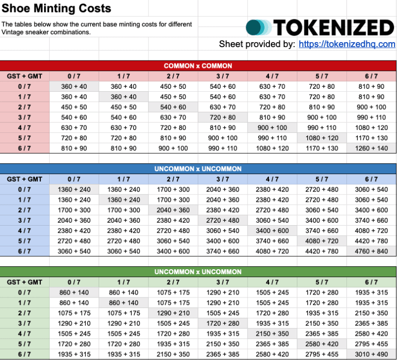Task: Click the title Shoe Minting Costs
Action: click(x=57, y=8)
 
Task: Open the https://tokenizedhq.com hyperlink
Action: click(x=347, y=44)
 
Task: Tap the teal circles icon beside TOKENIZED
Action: click(x=259, y=27)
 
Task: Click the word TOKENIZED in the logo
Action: click(x=333, y=27)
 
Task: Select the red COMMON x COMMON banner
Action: click(x=198, y=65)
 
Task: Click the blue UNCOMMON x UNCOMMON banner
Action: click(x=198, y=169)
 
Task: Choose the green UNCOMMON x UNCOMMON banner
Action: click(x=198, y=272)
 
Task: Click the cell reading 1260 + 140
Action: click(x=371, y=148)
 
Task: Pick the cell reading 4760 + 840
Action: click(x=371, y=251)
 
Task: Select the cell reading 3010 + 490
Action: click(x=371, y=355)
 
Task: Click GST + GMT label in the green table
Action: click(x=24, y=282)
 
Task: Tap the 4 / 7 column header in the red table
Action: click(x=272, y=76)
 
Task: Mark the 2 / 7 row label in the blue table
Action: click(x=24, y=210)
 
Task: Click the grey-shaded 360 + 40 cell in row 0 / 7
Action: click(x=74, y=86)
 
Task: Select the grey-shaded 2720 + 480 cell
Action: click(x=222, y=221)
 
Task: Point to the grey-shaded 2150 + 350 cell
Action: click(x=272, y=334)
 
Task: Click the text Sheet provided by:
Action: click(x=257, y=44)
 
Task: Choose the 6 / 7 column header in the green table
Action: click(x=371, y=282)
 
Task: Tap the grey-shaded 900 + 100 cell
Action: click(x=272, y=127)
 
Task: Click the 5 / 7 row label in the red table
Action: click(x=24, y=138)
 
